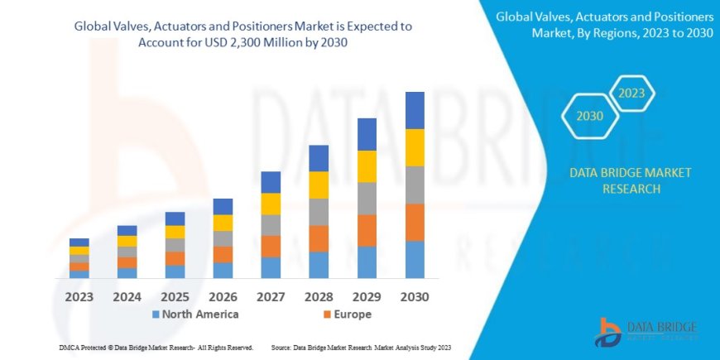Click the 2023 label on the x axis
(79, 295)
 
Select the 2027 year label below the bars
(271, 295)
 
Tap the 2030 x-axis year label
(414, 295)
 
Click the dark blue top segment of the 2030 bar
(415, 110)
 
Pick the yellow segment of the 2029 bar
(367, 166)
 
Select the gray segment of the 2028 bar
(319, 212)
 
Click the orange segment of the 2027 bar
(271, 246)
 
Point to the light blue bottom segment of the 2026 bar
(223, 270)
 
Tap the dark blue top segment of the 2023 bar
(79, 242)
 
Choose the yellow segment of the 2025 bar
(175, 232)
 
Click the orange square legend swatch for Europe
(327, 314)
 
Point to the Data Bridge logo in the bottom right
(646, 333)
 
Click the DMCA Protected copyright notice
(156, 347)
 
